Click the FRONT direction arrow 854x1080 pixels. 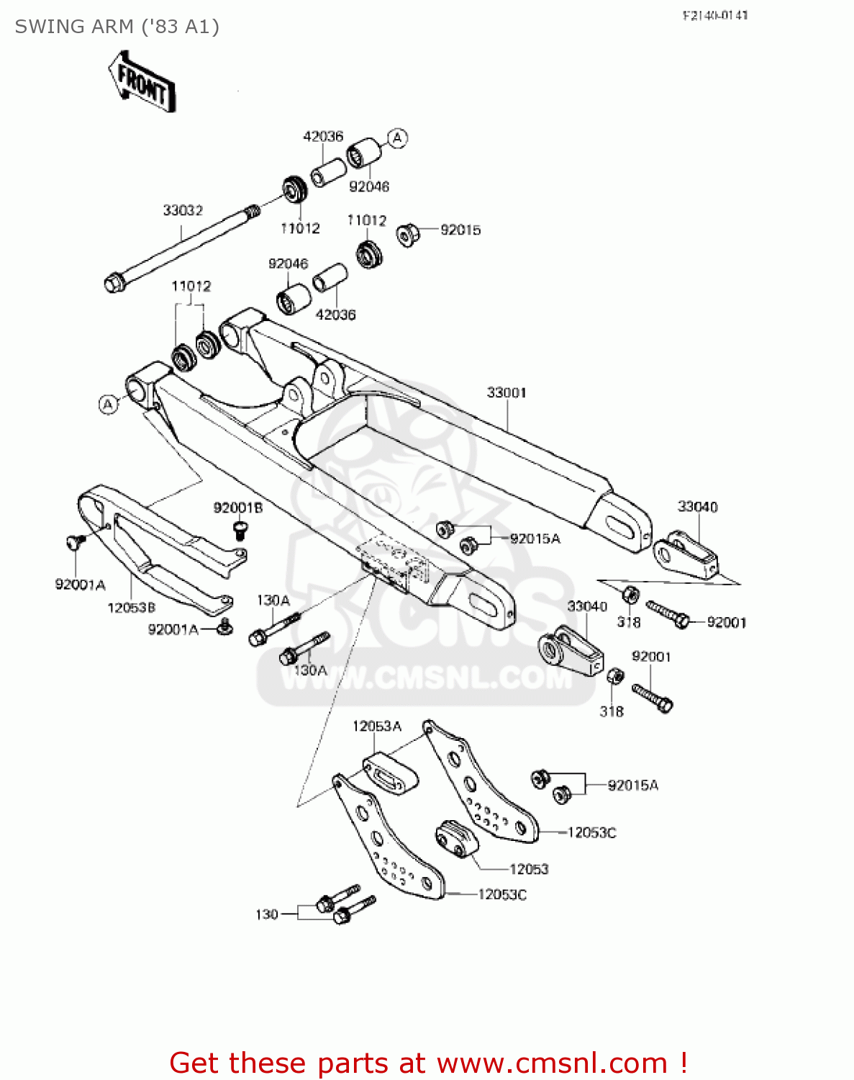142,81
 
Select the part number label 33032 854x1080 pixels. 183,210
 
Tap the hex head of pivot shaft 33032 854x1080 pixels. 114,282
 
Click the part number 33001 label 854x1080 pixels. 507,392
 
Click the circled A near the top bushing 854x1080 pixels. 398,138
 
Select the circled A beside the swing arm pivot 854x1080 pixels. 108,405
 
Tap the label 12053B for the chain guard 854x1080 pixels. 131,608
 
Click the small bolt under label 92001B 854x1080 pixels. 240,531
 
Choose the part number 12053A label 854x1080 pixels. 376,726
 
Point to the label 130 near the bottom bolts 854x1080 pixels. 266,914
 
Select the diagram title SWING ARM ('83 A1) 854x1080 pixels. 117,27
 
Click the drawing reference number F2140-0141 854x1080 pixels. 715,15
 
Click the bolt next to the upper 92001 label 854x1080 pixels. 668,613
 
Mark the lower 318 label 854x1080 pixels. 612,711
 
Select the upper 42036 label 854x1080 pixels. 323,136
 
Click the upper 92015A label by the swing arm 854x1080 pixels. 535,539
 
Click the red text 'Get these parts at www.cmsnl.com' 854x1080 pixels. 428,1063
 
